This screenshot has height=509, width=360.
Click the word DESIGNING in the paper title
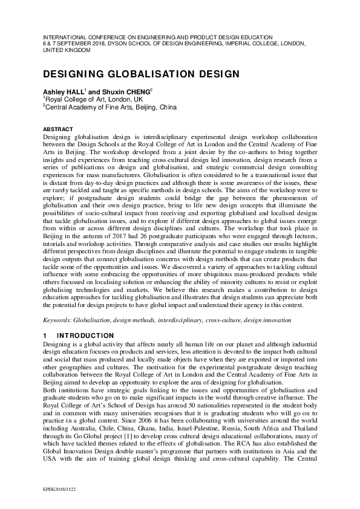point(70,74)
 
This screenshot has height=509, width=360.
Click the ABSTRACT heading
point(57,129)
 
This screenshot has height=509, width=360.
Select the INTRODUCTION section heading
point(85,336)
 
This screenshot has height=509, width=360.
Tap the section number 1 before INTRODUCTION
point(44,336)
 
